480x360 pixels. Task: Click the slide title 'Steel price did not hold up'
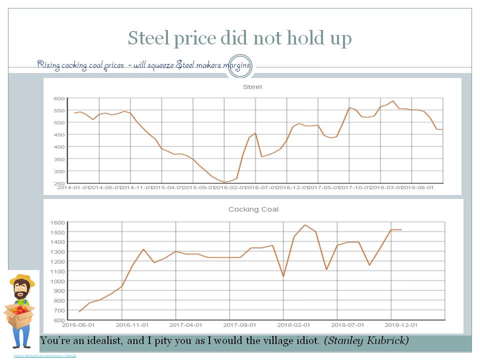(x=239, y=38)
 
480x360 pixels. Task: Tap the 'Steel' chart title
(x=252, y=87)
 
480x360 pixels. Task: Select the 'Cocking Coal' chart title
(x=253, y=209)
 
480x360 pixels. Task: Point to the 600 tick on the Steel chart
(x=58, y=98)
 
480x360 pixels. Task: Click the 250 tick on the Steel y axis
(x=58, y=183)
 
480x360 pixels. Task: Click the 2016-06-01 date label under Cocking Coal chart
(x=79, y=324)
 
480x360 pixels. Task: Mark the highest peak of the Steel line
(x=393, y=101)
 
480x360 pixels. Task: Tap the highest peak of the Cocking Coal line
(x=305, y=225)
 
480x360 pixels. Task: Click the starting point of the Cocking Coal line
(x=79, y=311)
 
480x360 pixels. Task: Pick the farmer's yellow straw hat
(x=22, y=280)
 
